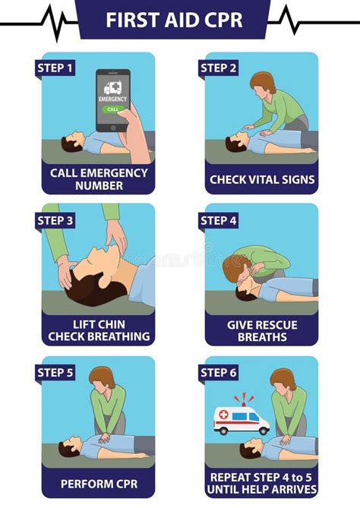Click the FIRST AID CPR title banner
180,19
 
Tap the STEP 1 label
55,68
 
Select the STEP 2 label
219,68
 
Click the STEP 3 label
55,221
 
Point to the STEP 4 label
219,221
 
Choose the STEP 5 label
55,373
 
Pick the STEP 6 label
219,373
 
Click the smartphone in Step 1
112,98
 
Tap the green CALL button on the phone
112,109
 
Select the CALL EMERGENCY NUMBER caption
99,178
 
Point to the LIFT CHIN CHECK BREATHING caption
99,330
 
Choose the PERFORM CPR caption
99,482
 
